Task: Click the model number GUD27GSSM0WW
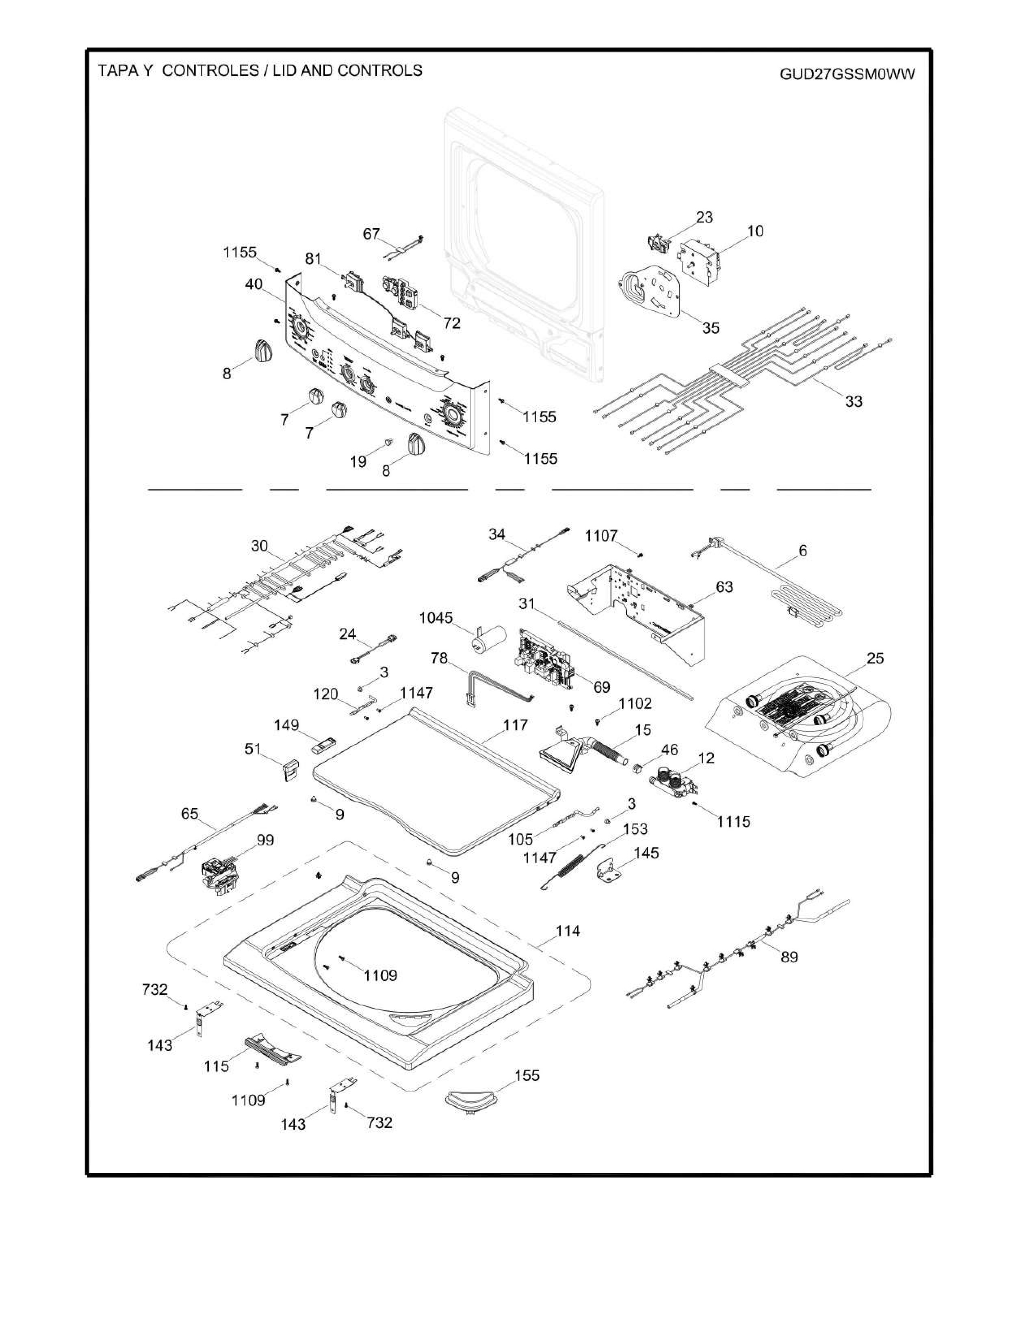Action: pyautogui.click(x=847, y=74)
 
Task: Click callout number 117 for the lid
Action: pyautogui.click(x=515, y=725)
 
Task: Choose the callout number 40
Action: pyautogui.click(x=254, y=285)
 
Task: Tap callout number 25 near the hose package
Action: pyautogui.click(x=875, y=658)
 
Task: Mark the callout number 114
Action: pyautogui.click(x=568, y=931)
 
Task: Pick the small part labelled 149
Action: pyautogui.click(x=323, y=746)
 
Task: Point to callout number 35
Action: pyautogui.click(x=711, y=328)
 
